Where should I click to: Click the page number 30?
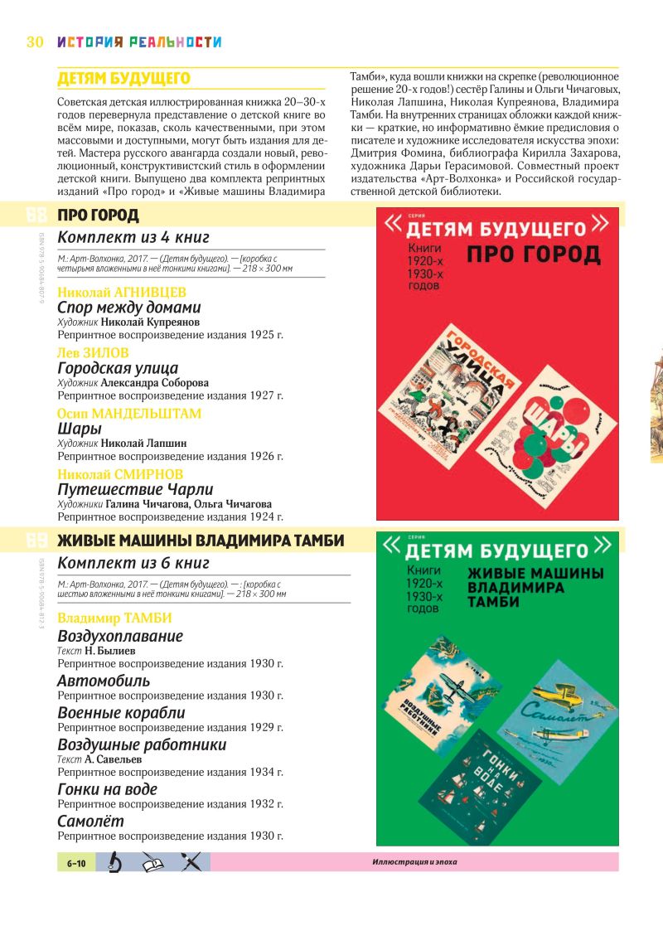click(34, 41)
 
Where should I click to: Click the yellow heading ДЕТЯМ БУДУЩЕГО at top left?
click(123, 79)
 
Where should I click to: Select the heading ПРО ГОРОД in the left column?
click(98, 216)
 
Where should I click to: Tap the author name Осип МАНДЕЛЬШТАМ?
click(129, 413)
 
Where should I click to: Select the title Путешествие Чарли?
click(135, 489)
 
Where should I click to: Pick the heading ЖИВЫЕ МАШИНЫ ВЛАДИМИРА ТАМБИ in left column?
click(201, 541)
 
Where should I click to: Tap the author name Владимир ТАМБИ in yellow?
click(114, 618)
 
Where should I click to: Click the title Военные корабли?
click(121, 713)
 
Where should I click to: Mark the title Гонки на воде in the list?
click(107, 789)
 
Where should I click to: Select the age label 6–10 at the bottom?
click(76, 863)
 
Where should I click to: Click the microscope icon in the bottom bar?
click(115, 863)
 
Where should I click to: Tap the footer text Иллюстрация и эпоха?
click(414, 863)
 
